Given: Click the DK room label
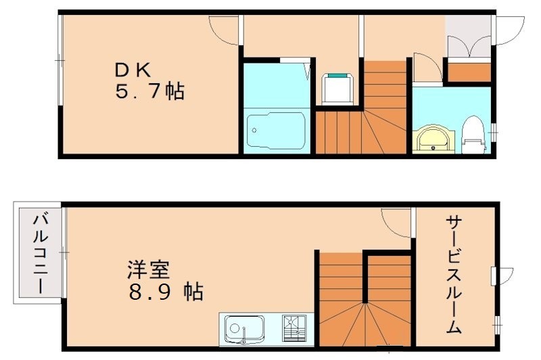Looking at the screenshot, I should point(136,70).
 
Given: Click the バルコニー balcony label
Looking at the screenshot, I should point(39,253).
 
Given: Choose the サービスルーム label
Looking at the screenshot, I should point(454,274).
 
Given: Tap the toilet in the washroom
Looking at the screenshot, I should point(474,135).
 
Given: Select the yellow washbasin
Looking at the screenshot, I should point(430,139).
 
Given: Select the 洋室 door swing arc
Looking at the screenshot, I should point(396,222).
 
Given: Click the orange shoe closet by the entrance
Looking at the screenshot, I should point(469,71).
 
